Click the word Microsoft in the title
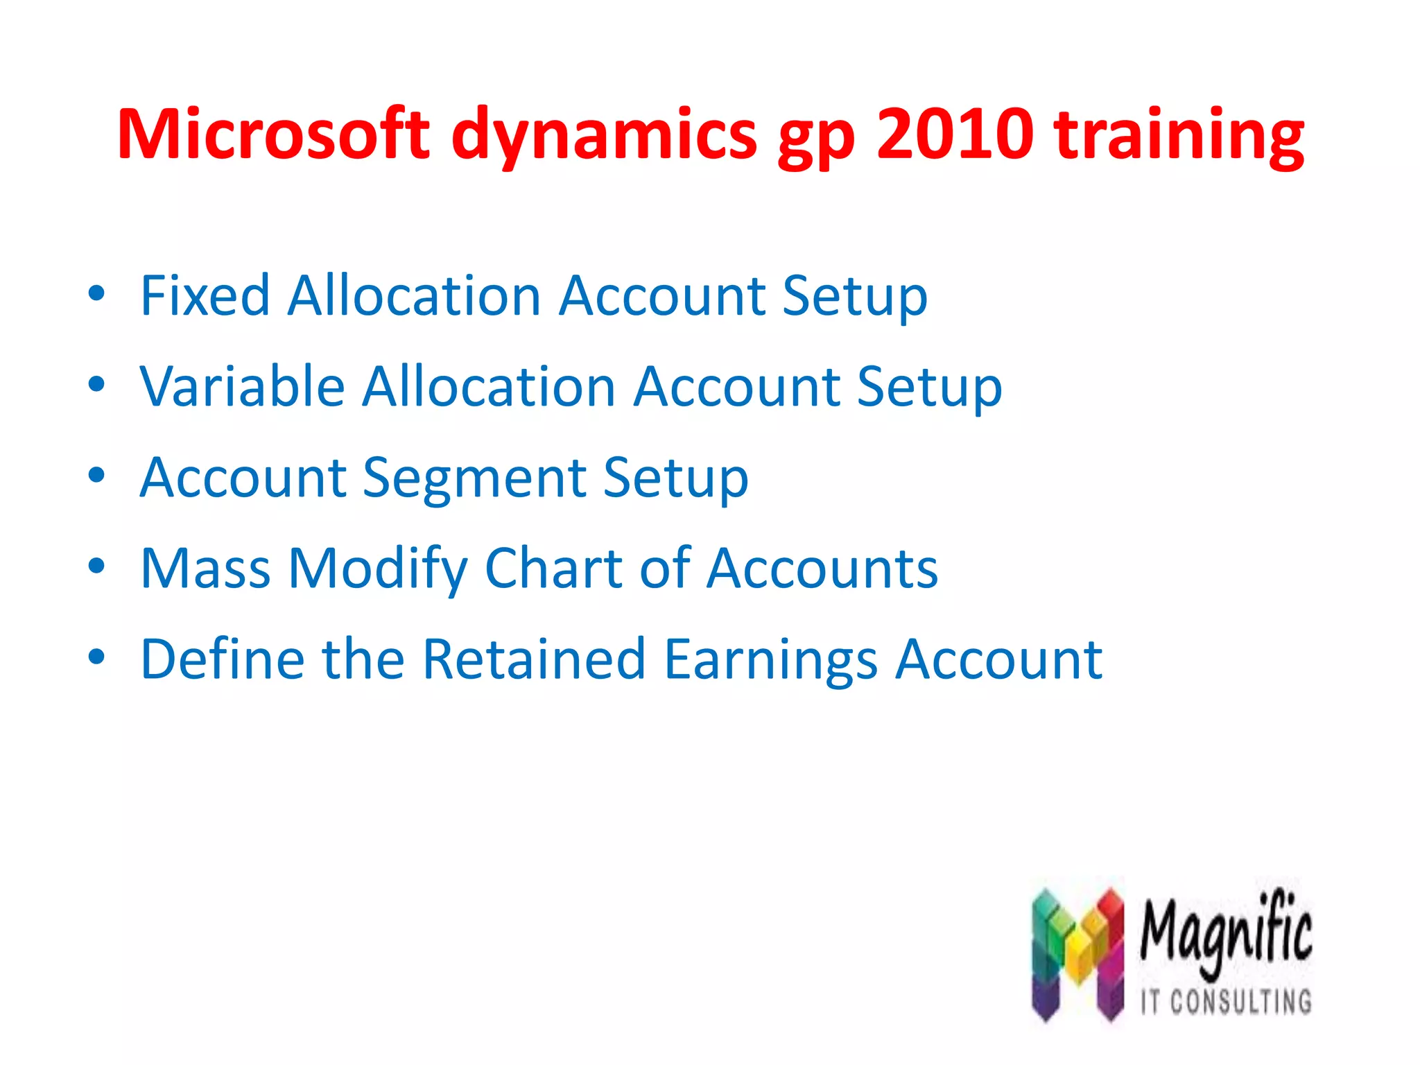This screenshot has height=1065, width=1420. (x=273, y=134)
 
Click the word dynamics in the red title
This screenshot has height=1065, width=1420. (x=604, y=134)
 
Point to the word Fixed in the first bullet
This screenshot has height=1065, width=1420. (x=205, y=296)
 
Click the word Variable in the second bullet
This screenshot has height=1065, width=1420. (x=242, y=387)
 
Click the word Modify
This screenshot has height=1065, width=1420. (x=379, y=569)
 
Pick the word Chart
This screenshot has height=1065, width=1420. (x=553, y=569)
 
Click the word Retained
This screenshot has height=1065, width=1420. (x=534, y=659)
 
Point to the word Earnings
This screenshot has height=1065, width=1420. (x=770, y=659)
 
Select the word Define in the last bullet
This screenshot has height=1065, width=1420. (x=222, y=659)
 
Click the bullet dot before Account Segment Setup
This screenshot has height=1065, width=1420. (x=96, y=476)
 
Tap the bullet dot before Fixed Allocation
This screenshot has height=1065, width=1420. (x=96, y=294)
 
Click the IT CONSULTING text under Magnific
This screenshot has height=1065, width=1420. (x=1226, y=1002)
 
